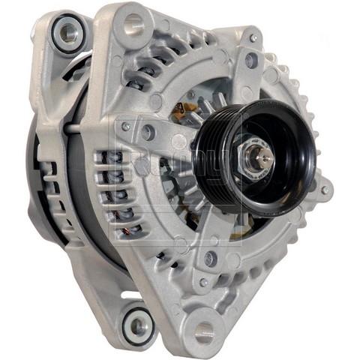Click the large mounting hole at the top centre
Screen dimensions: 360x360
[133, 25]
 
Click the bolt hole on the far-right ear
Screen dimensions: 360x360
[324, 189]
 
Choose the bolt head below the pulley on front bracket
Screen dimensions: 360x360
[211, 258]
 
